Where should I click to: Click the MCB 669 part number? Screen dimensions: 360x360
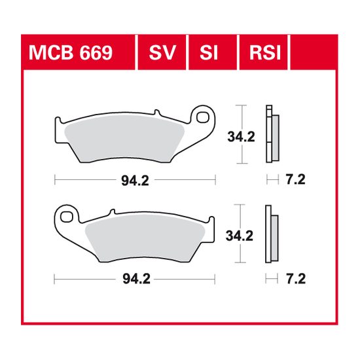71,53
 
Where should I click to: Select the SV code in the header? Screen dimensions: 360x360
162,53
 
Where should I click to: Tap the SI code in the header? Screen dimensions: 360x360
208,53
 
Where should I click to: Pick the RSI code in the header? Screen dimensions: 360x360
265,53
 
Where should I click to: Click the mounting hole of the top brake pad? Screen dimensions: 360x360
202,118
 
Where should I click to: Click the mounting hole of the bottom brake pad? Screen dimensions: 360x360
67,217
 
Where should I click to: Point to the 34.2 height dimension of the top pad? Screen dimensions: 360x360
241,137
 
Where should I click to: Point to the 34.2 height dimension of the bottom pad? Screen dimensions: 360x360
240,236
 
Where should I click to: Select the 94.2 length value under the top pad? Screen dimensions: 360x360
135,181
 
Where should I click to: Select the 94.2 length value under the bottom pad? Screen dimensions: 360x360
136,279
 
